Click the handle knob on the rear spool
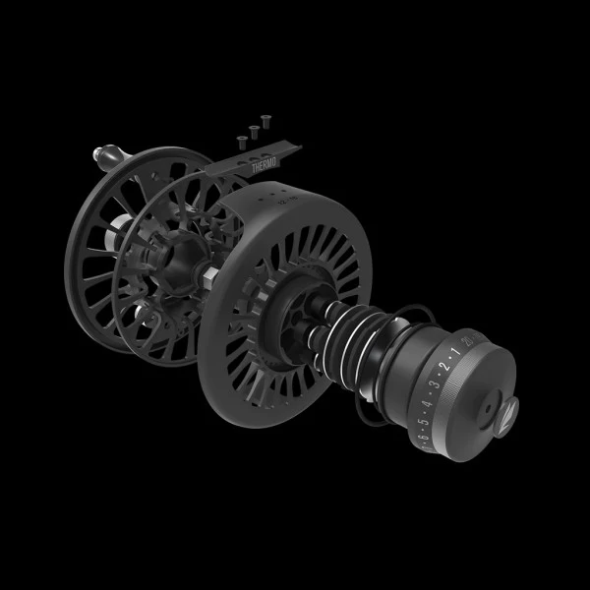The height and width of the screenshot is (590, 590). point(98,153)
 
